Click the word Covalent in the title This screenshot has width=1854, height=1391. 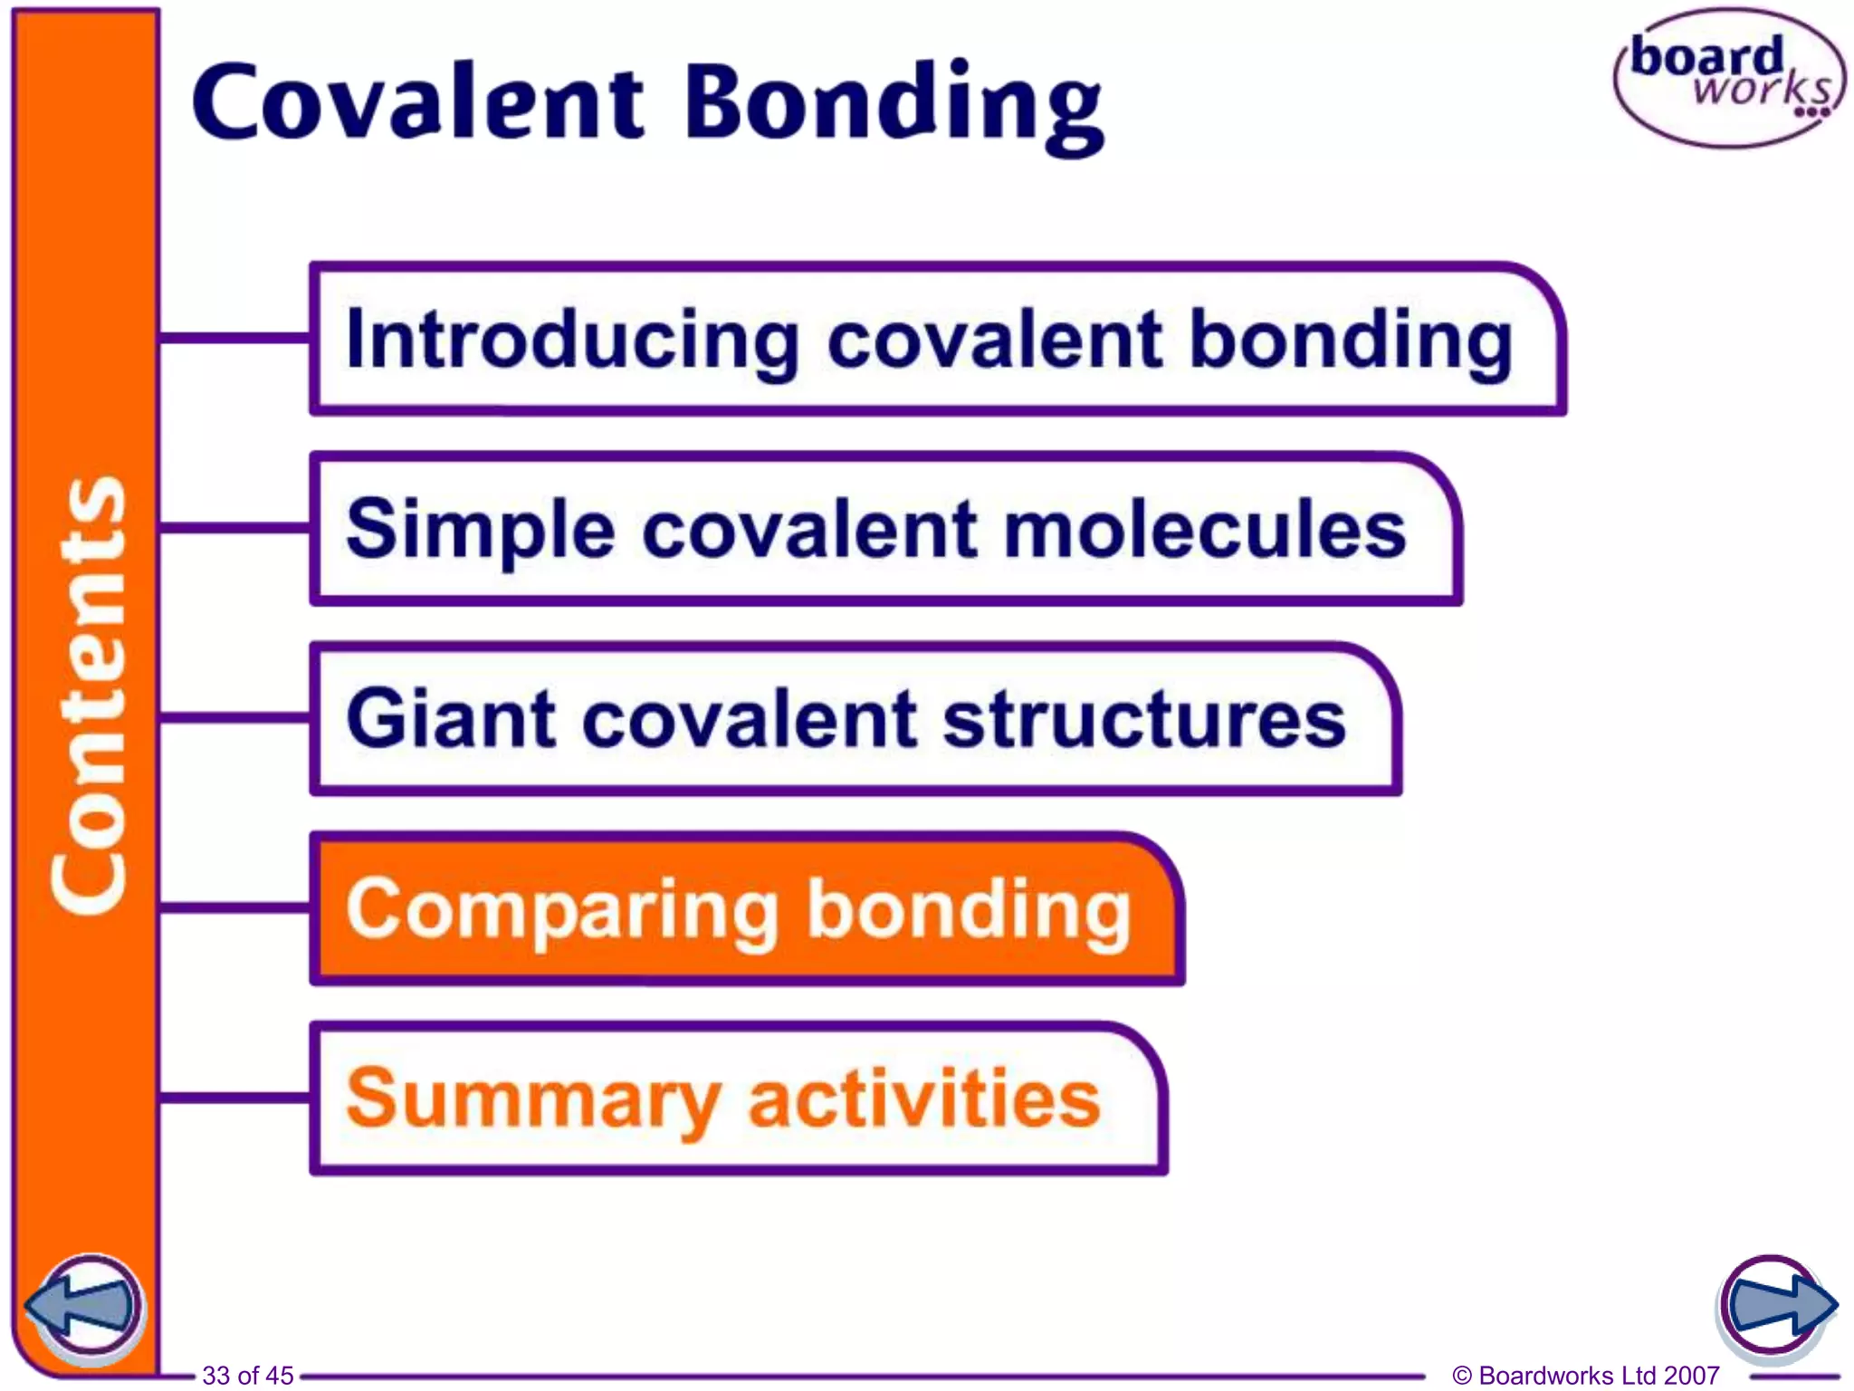(418, 101)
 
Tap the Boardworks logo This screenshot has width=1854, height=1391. (1728, 79)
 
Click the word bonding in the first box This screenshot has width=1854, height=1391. (1351, 342)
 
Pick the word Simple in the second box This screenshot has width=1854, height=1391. (480, 531)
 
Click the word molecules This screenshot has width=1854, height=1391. (1205, 530)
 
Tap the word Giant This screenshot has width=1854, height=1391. (450, 719)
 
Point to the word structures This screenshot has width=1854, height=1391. (1144, 720)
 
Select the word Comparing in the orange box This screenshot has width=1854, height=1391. (562, 911)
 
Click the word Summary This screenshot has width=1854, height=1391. (533, 1100)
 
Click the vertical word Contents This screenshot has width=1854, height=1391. (88, 695)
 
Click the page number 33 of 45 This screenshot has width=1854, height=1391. (247, 1376)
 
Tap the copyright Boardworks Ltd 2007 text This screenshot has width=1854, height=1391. (1585, 1376)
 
